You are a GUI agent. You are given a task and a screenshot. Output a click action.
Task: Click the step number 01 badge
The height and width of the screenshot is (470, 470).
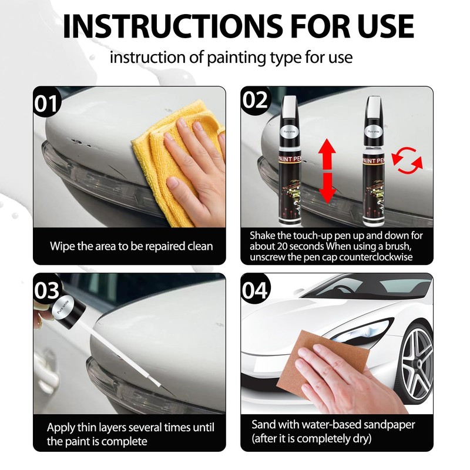point(48,102)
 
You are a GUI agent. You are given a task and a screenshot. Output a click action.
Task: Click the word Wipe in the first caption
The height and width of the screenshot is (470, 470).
point(62,246)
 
